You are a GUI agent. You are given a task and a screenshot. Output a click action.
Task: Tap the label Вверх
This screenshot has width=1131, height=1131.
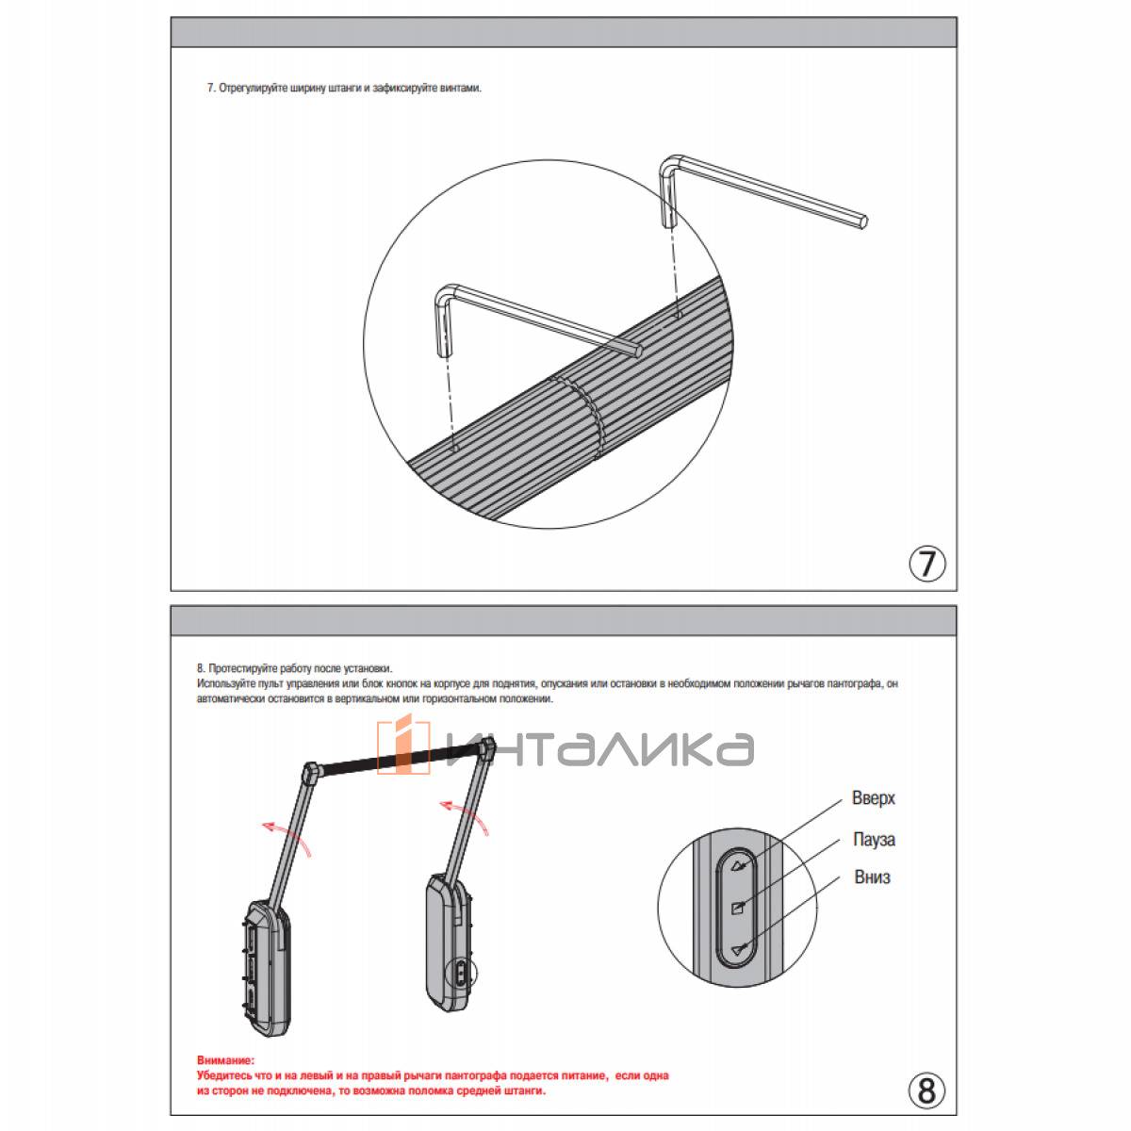coord(874,798)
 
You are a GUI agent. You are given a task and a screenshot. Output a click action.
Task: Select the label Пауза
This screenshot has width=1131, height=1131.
coord(874,839)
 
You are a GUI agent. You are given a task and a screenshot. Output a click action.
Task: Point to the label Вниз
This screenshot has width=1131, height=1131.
coord(872,877)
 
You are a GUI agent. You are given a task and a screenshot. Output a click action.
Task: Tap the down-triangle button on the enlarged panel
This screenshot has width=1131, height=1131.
coord(737,950)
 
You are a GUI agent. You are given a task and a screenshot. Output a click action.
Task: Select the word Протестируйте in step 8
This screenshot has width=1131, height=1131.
coord(240,666)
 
